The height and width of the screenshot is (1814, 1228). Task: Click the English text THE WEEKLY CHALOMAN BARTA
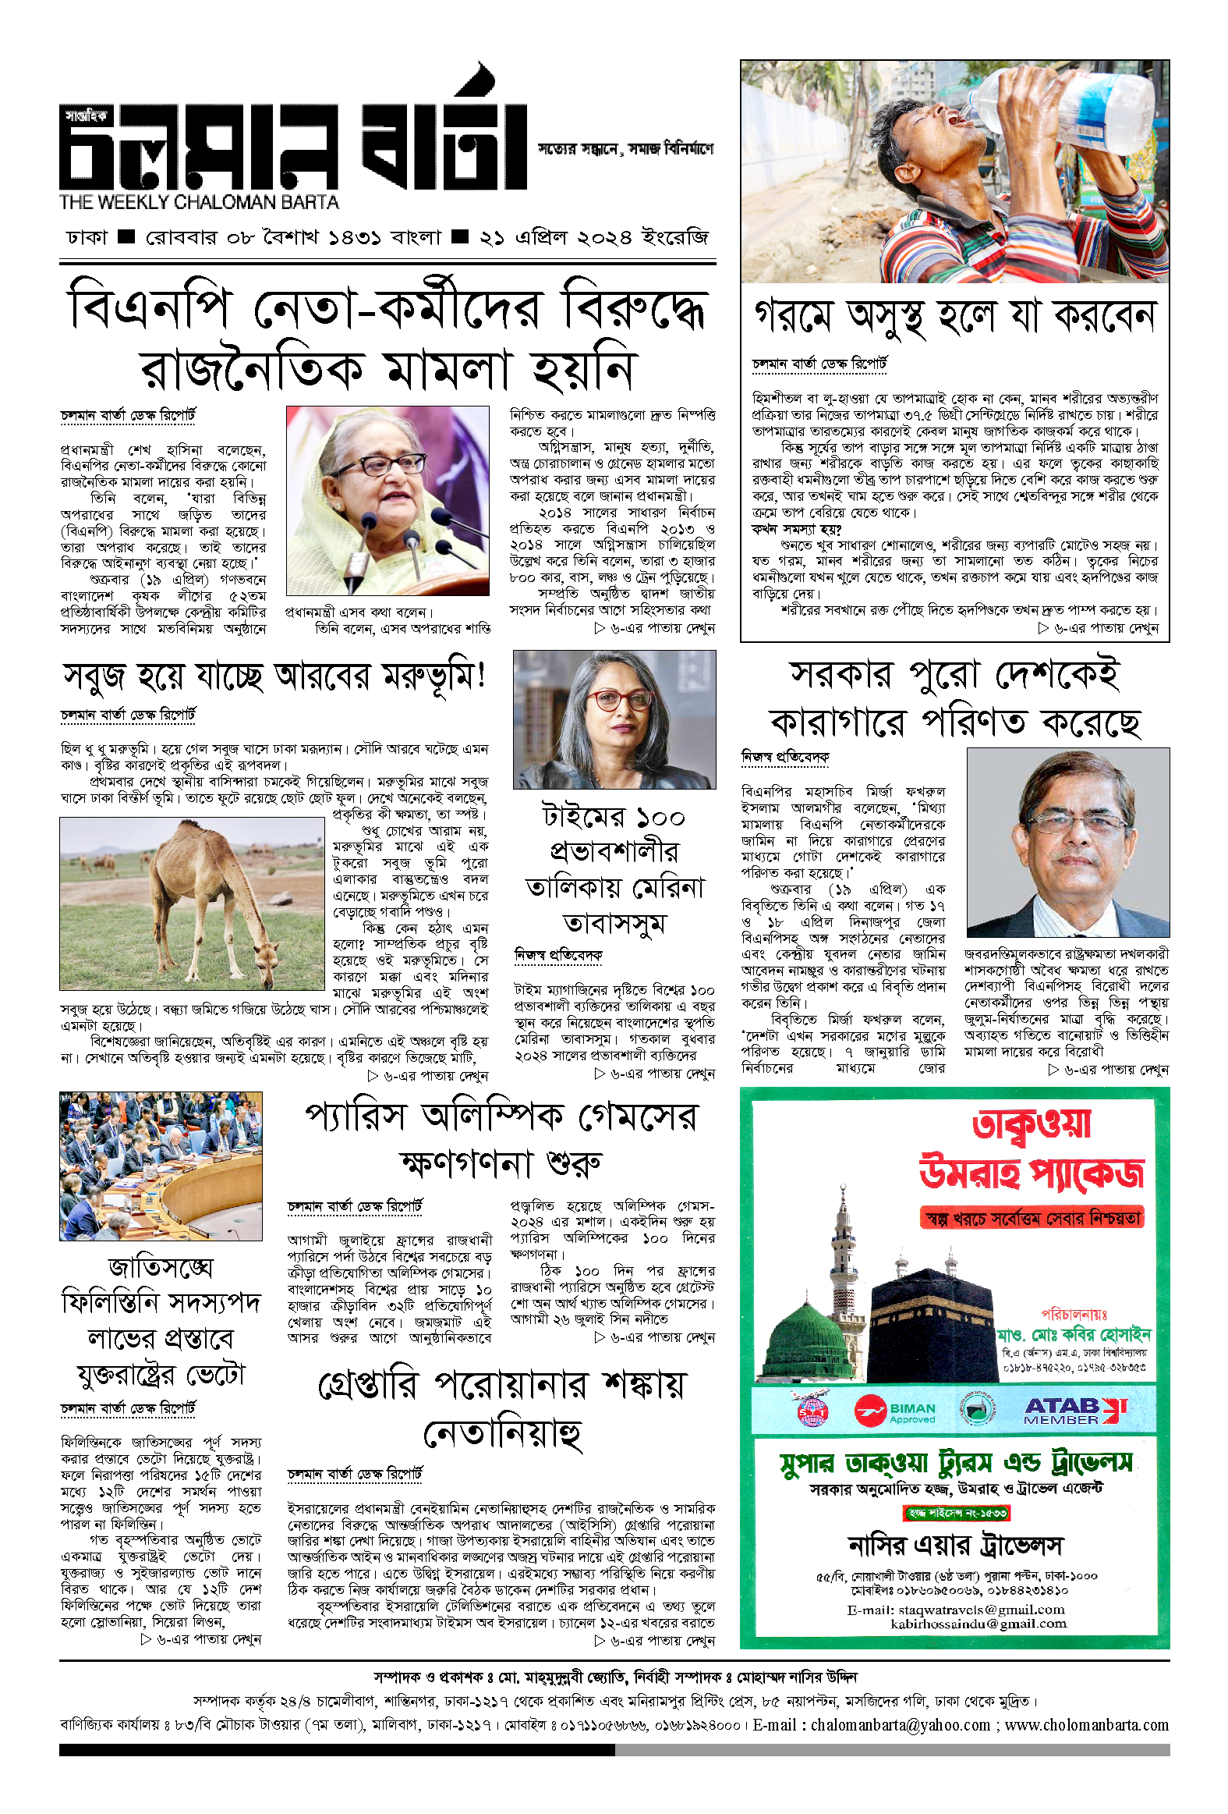(199, 202)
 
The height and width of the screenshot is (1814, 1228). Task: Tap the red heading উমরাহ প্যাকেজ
(1032, 1174)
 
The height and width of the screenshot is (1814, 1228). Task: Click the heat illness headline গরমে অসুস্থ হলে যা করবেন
(954, 317)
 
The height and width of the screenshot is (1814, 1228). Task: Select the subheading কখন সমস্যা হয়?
(796, 528)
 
